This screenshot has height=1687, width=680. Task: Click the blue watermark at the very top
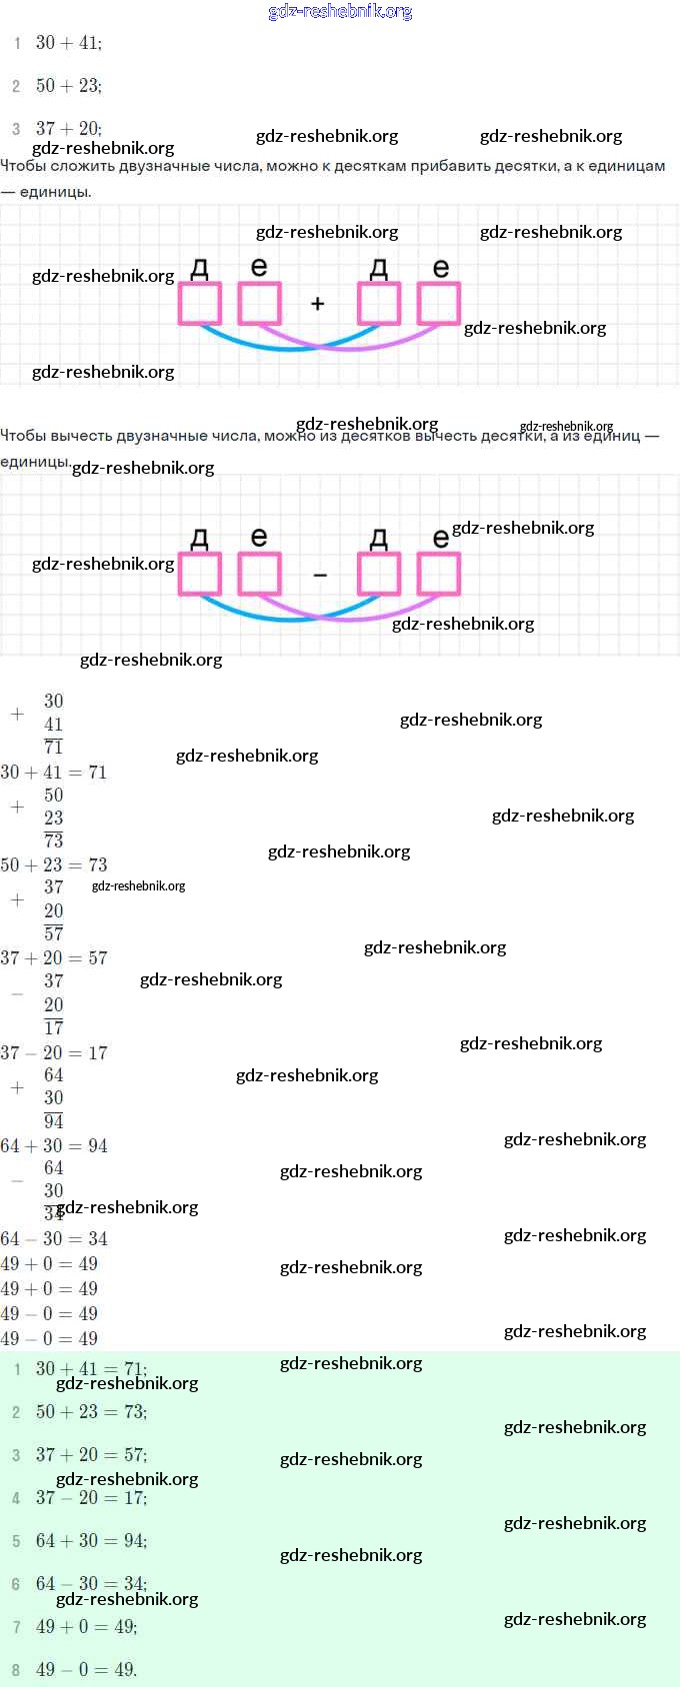[x=340, y=12]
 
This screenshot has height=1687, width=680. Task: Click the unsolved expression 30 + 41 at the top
[x=68, y=43]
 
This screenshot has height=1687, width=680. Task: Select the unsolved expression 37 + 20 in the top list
[x=68, y=129]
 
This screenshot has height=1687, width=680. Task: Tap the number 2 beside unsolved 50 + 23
[x=16, y=87]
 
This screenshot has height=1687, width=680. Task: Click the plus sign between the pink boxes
[x=318, y=304]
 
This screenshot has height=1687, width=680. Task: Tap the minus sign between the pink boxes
[x=320, y=576]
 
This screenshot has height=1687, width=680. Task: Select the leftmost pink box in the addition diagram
[x=200, y=304]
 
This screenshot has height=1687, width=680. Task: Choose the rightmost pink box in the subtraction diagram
[x=438, y=574]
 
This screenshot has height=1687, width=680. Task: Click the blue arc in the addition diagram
[x=260, y=346]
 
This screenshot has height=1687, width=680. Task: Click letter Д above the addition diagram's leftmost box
[x=200, y=268]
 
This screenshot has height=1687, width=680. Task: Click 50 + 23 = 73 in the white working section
[x=54, y=865]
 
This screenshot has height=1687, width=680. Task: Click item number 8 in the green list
[x=16, y=1670]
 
